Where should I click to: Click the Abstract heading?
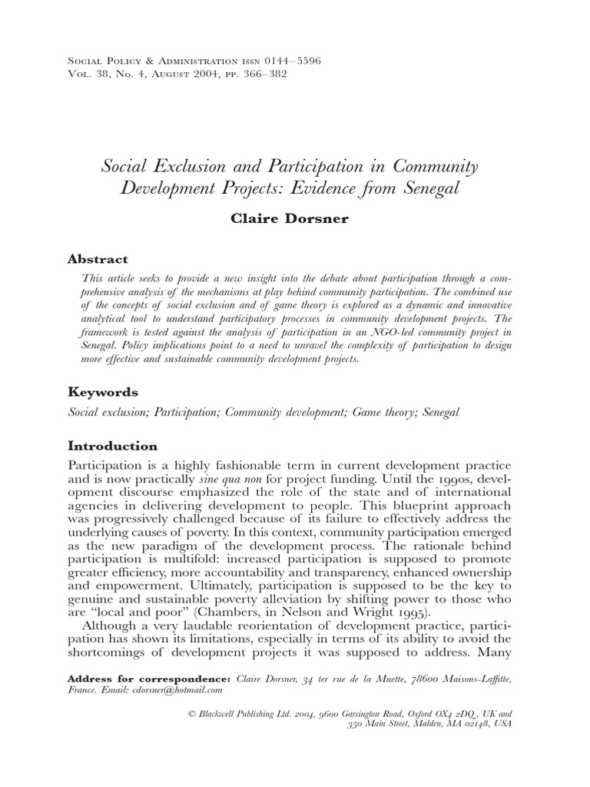coord(98,259)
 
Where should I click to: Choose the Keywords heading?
coord(103,391)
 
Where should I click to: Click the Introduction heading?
coord(113,446)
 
